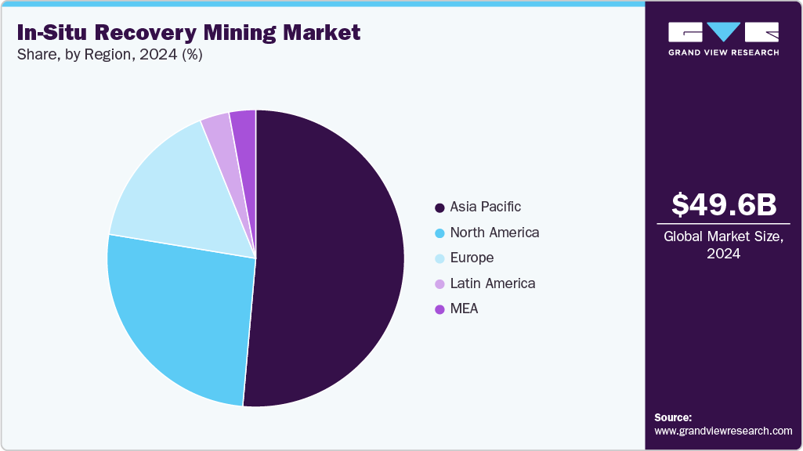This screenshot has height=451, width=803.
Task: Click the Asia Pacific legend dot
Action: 439,207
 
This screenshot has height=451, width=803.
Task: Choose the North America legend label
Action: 494,233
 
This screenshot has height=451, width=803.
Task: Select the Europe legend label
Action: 472,258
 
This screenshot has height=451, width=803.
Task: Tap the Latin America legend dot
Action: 439,283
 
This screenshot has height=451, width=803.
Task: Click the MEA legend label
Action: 464,308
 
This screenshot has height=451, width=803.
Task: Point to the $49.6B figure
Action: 724,204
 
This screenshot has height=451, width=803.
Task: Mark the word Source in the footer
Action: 673,417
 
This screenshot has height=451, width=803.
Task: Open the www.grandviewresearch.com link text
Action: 723,431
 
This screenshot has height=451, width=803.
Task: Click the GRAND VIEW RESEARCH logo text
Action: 723,52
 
